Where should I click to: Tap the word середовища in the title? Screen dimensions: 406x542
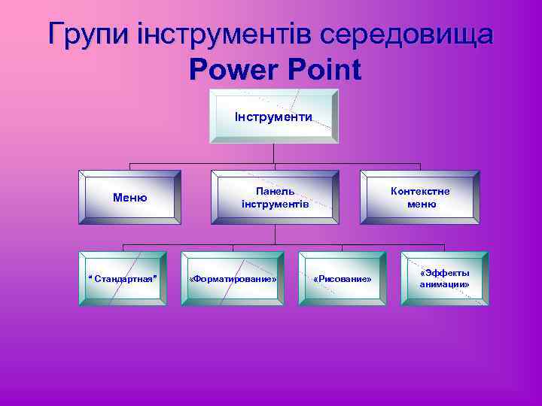pos(408,35)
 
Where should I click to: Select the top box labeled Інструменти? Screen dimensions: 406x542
pos(274,117)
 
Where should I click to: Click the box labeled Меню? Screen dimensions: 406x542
pos(130,198)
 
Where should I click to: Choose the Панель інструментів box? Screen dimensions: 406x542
pos(274,198)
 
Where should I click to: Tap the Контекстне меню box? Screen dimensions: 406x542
pos(420,198)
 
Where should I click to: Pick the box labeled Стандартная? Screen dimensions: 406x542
pos(123,279)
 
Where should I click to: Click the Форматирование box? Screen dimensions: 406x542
pos(233,279)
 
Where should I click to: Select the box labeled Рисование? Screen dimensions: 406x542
pos(342,279)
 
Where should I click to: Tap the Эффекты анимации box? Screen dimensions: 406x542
pos(444,279)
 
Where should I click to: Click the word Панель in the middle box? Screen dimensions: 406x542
pos(274,191)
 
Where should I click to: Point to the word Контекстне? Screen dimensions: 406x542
pos(420,191)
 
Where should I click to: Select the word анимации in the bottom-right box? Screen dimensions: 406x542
pos(444,285)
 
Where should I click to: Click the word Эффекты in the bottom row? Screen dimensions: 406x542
pos(445,273)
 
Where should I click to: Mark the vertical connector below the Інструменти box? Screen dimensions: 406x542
pos(274,153)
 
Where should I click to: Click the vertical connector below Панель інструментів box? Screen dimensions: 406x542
pos(274,234)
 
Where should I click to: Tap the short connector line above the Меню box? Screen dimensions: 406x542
pos(130,167)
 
